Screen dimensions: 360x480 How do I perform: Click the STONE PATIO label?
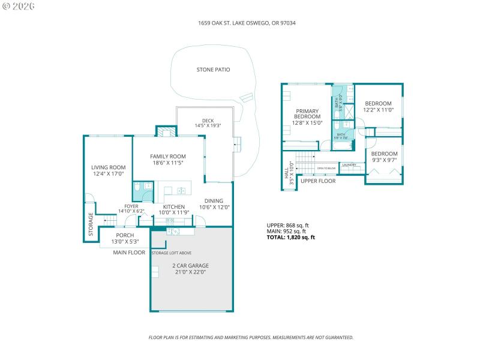[x=213, y=70]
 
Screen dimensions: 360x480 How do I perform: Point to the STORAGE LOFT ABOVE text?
[x=172, y=253]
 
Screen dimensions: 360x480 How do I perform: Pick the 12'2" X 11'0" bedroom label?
[x=378, y=106]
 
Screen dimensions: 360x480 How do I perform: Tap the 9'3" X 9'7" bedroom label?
[x=385, y=157]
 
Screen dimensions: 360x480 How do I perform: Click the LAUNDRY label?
[x=349, y=165]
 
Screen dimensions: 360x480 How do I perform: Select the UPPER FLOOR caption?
[x=318, y=180]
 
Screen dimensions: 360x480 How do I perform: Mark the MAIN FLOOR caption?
[x=129, y=253]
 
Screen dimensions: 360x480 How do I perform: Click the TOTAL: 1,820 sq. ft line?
[x=290, y=237]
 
